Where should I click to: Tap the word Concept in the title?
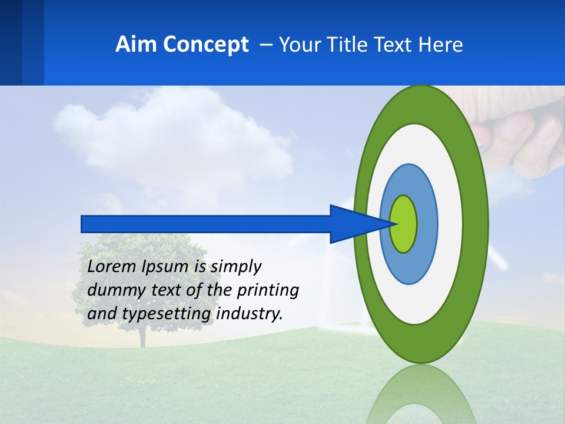click(205, 45)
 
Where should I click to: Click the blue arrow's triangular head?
click(353, 224)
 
